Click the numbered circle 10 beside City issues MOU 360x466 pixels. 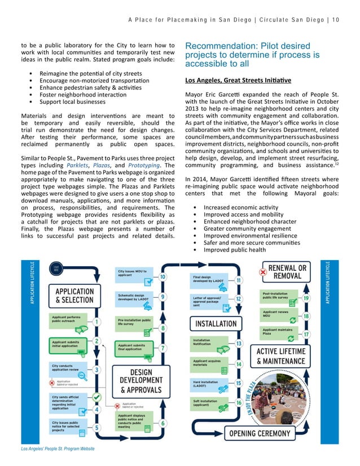pos(163,277)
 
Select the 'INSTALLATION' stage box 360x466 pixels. pos(216,324)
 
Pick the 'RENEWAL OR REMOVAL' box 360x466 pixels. pos(287,272)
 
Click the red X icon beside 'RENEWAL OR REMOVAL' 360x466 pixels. pos(262,271)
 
